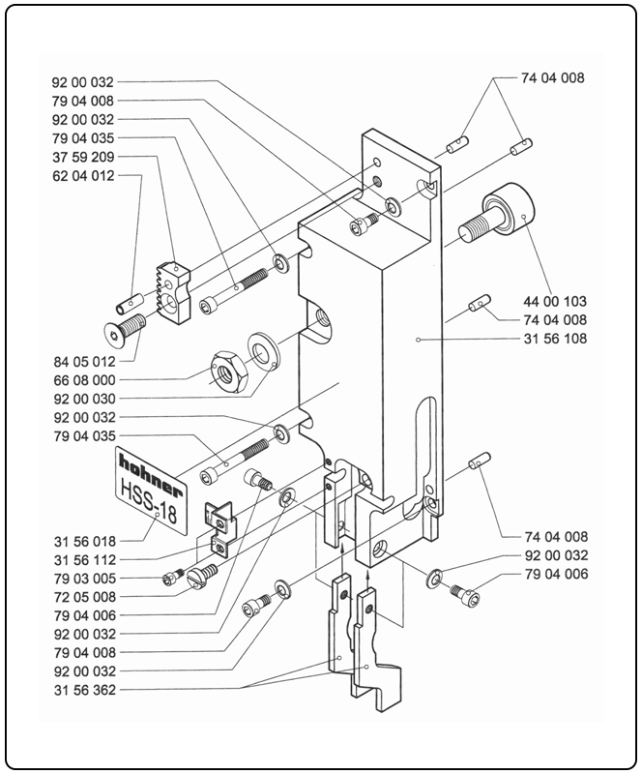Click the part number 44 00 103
pyautogui.click(x=558, y=301)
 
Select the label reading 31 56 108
pyautogui.click(x=558, y=339)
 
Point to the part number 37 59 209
pyautogui.click(x=82, y=157)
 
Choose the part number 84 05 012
pyautogui.click(x=82, y=361)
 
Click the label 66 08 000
pyautogui.click(x=82, y=379)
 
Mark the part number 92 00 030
pyautogui.click(x=82, y=399)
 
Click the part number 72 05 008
pyautogui.click(x=82, y=596)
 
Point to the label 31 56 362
pyautogui.click(x=82, y=689)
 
